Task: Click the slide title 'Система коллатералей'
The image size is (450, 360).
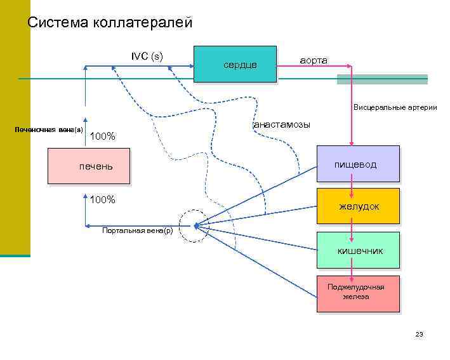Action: pyautogui.click(x=109, y=23)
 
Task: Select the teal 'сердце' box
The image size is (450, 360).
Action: pyautogui.click(x=234, y=64)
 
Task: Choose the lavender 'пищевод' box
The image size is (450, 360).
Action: pyautogui.click(x=358, y=164)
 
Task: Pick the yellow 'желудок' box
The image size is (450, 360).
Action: pyautogui.click(x=358, y=206)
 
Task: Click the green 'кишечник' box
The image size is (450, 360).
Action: pyautogui.click(x=358, y=250)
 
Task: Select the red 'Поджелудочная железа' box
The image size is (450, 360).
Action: pyautogui.click(x=358, y=293)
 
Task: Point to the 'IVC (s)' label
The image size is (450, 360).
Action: pyautogui.click(x=147, y=56)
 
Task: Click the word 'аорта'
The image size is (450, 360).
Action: pyautogui.click(x=313, y=60)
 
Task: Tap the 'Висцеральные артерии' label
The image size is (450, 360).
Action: pyautogui.click(x=395, y=107)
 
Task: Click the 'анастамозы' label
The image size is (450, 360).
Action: pyautogui.click(x=281, y=124)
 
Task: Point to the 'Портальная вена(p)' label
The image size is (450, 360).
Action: pyautogui.click(x=137, y=230)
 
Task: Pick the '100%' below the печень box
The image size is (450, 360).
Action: pyautogui.click(x=102, y=200)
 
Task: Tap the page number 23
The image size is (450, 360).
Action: pyautogui.click(x=418, y=334)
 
